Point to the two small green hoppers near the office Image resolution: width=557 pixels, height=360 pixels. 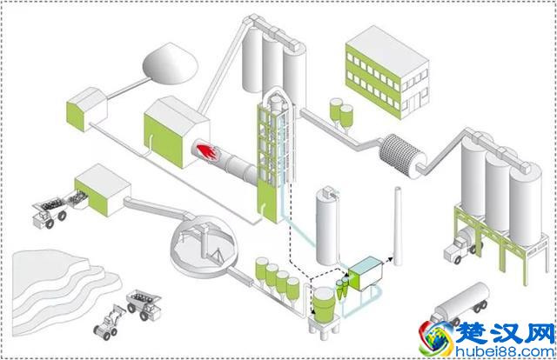pyautogui.click(x=341, y=113)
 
